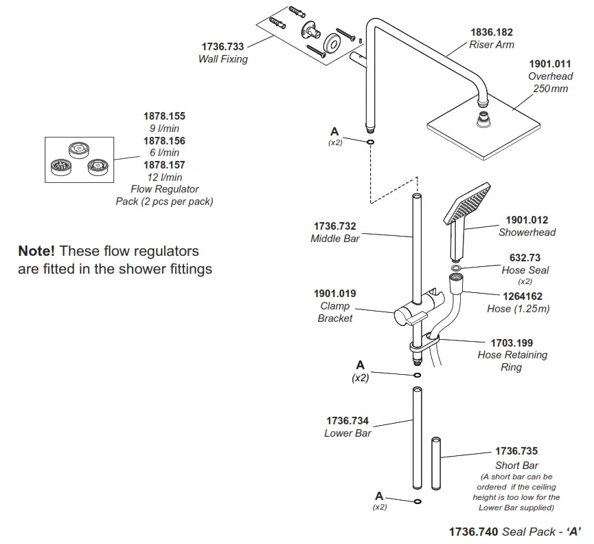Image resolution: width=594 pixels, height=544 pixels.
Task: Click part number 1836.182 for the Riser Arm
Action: click(491, 32)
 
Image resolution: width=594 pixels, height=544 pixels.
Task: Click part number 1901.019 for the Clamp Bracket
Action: click(334, 294)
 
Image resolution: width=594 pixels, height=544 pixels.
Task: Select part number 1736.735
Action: click(516, 452)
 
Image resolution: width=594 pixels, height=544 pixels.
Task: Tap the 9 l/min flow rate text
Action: click(164, 129)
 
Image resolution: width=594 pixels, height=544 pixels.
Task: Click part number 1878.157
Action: click(164, 165)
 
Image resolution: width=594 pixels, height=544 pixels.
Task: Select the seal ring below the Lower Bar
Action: click(418, 501)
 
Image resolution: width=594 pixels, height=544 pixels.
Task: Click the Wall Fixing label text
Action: click(222, 59)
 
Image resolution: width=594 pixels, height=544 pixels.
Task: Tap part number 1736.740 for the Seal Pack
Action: click(473, 532)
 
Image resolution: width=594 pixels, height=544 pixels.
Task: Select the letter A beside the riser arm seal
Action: click(334, 131)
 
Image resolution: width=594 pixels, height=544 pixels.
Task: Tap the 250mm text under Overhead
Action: click(551, 89)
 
